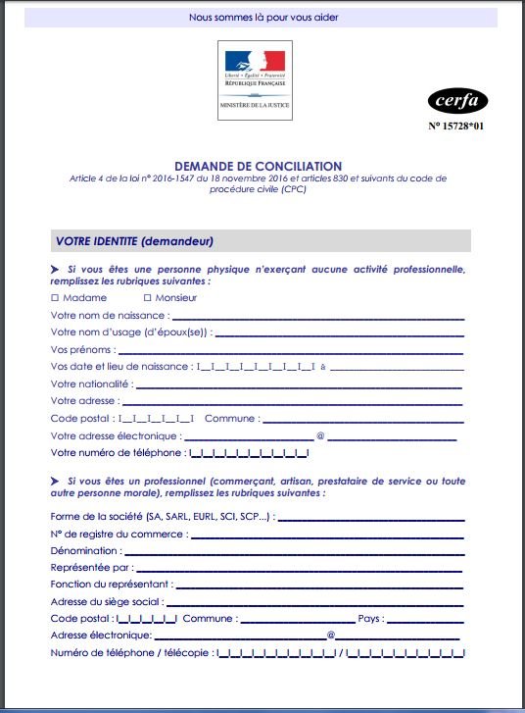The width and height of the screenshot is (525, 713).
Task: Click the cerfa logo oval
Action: [x=457, y=100]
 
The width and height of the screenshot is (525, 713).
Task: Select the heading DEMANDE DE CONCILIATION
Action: [x=259, y=167]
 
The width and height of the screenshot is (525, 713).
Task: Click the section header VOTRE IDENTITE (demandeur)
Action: [x=134, y=241]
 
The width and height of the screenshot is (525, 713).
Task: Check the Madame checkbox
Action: [x=54, y=297]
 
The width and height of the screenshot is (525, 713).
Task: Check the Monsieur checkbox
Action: [x=147, y=297]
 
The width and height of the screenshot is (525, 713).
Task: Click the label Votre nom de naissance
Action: [x=109, y=315]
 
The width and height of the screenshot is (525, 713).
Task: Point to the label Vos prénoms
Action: [x=82, y=349]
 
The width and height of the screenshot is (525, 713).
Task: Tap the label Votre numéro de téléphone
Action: [x=116, y=452]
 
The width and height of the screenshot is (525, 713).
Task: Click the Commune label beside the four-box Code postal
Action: [x=231, y=418]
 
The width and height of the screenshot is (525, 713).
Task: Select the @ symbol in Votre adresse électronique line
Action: [x=319, y=435]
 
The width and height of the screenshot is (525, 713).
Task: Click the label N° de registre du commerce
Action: [x=118, y=534]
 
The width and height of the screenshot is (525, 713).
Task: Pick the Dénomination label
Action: [x=84, y=550]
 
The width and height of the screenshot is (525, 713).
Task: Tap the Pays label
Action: [x=370, y=619]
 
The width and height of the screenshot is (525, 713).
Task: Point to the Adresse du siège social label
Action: [x=106, y=602]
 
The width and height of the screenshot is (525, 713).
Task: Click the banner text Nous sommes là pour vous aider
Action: [x=263, y=17]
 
